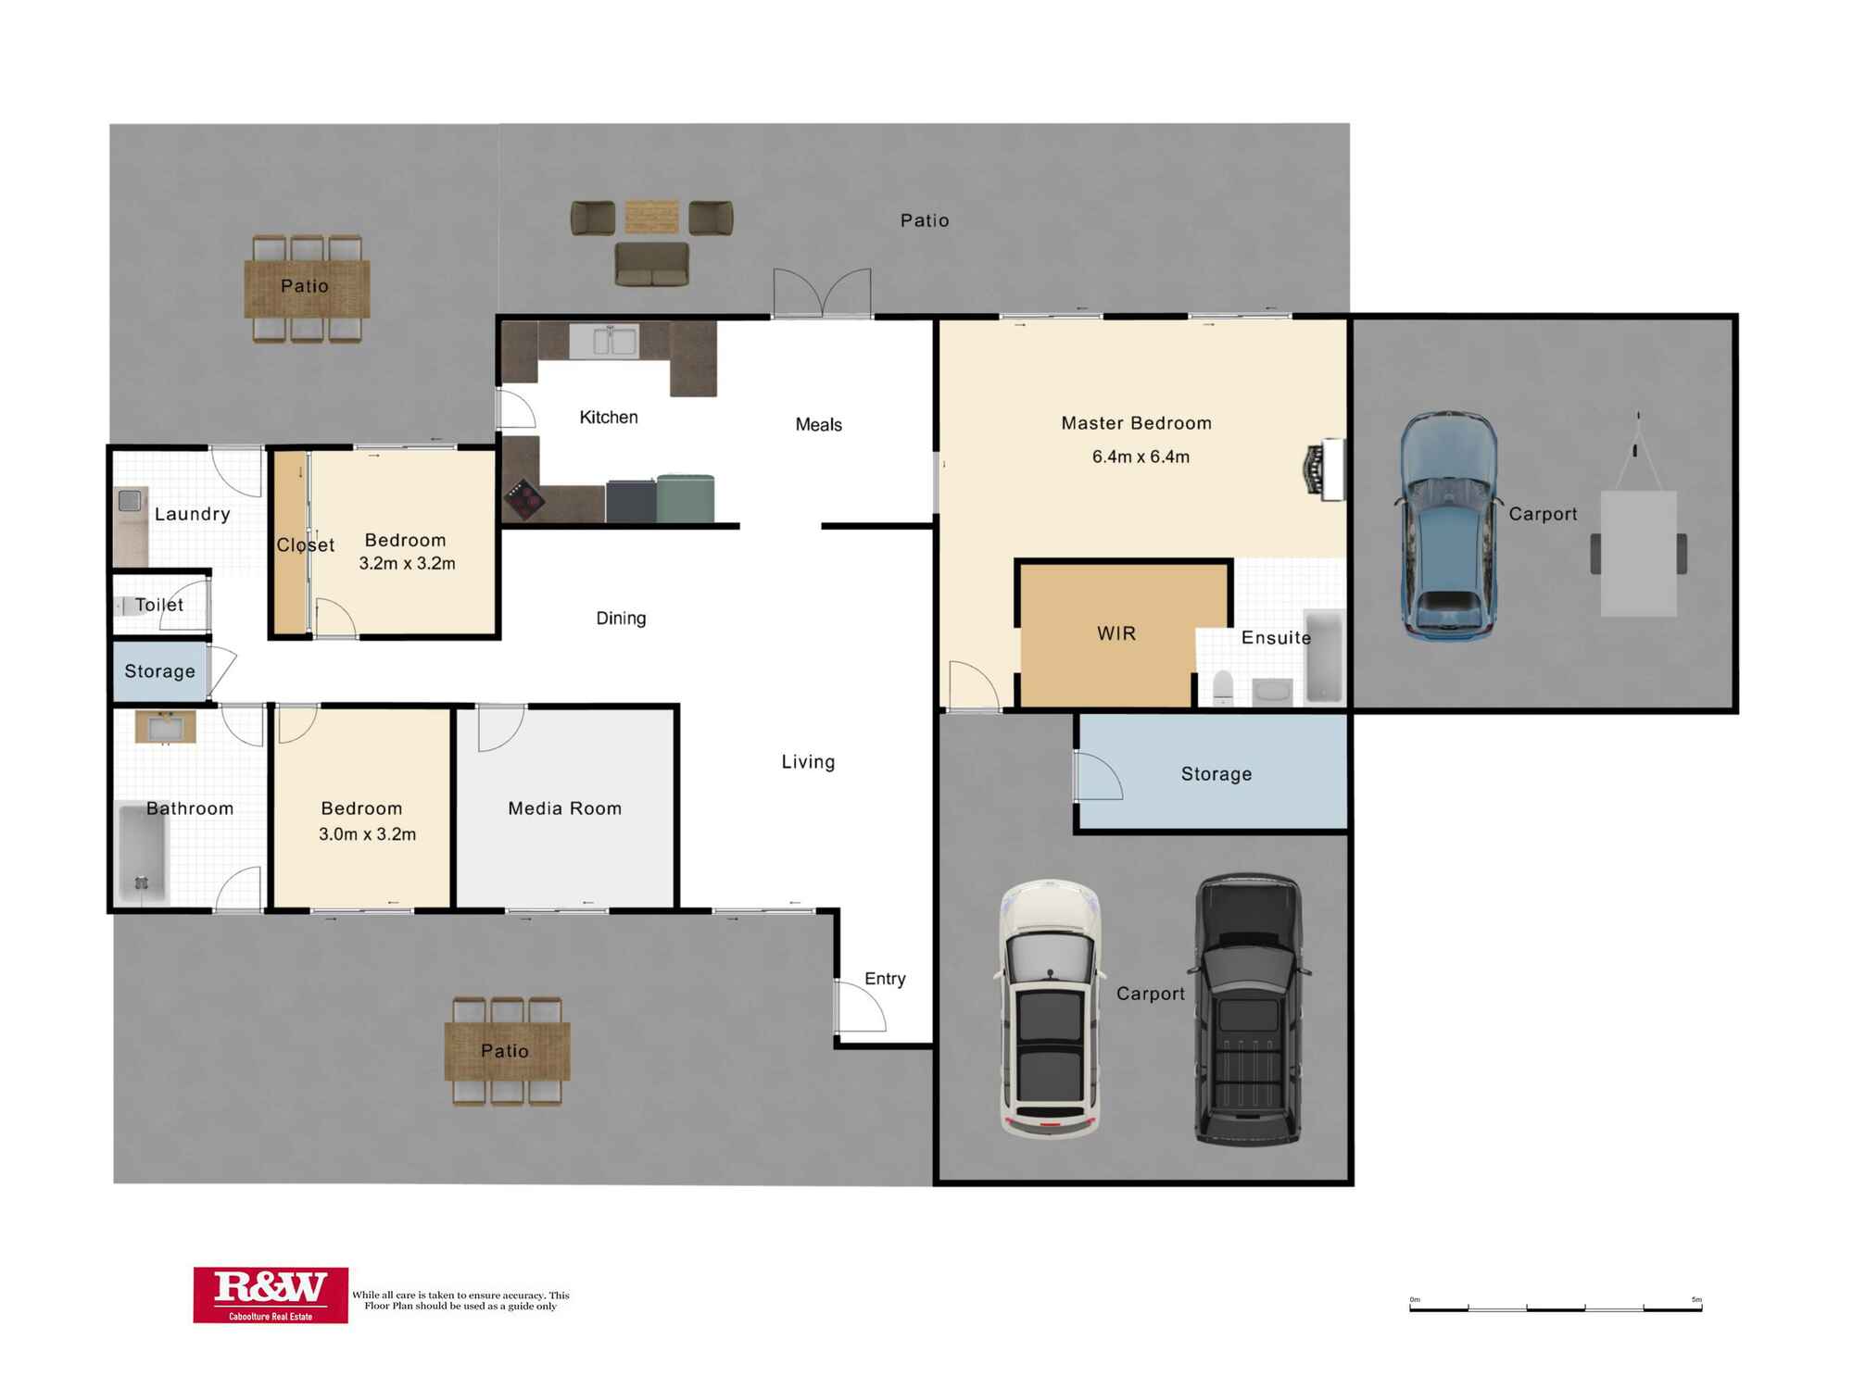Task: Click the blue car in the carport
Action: coord(1447,526)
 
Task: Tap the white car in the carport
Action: coord(1050,1008)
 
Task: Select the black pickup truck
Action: coord(1249,1009)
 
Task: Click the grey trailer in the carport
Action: coord(1638,537)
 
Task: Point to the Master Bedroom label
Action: coord(1136,423)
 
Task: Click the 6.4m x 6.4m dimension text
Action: coord(1141,457)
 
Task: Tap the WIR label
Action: coord(1116,633)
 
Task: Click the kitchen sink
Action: coord(604,341)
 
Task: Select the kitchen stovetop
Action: coord(525,500)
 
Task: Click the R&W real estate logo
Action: coord(271,1295)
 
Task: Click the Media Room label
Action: coord(564,808)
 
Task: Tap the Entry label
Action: coord(885,979)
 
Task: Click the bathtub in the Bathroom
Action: coord(143,852)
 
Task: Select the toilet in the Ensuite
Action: coord(1223,687)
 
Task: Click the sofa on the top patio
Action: coord(651,265)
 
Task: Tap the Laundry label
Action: coord(192,514)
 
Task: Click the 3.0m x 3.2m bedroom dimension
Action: coord(367,834)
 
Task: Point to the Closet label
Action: coord(305,544)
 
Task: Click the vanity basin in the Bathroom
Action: coord(166,727)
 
